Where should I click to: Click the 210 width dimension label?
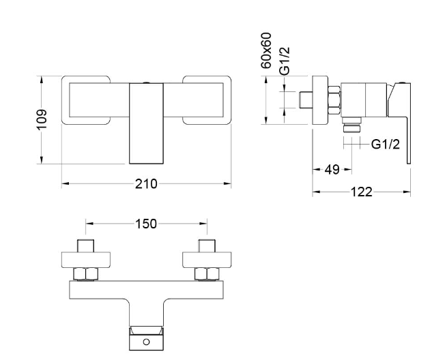point(146,184)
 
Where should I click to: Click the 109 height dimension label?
point(42,119)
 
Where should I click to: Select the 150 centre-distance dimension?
point(146,224)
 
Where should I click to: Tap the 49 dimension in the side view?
point(332,170)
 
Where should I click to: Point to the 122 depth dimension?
point(362,192)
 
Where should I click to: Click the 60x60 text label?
point(266,50)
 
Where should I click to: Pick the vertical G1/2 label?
point(285,61)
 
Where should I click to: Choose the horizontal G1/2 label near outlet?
point(386,144)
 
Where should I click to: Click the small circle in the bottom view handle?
point(146,342)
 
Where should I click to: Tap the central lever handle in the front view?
point(146,123)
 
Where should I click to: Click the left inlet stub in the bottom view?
point(85,245)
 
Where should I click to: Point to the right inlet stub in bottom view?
point(207,245)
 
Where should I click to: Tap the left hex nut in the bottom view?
point(86,274)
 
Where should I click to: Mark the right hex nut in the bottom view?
point(207,274)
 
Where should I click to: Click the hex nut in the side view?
point(334,100)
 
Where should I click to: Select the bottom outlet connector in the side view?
point(352,125)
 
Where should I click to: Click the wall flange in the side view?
point(320,100)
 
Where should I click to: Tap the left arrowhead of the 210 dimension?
point(64,183)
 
